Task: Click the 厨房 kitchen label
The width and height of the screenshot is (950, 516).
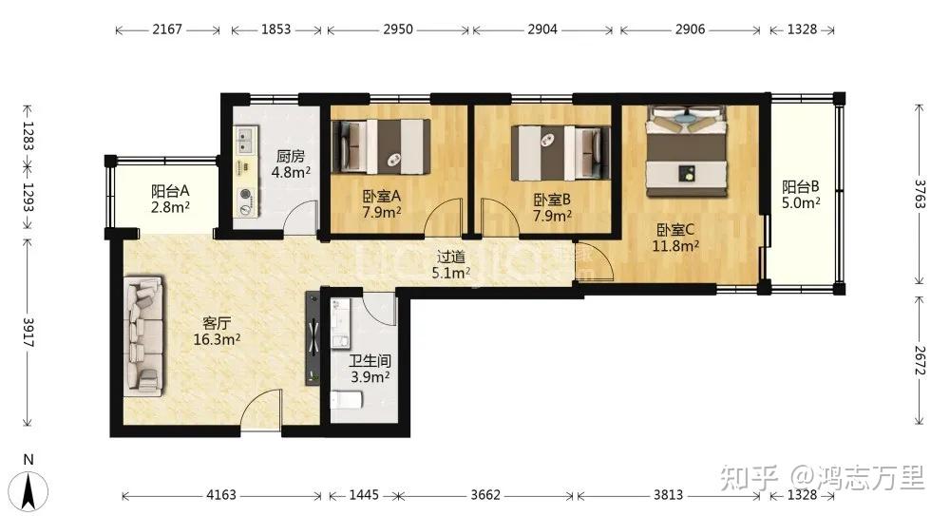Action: click(290, 157)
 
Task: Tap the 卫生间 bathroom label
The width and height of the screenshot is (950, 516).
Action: click(370, 361)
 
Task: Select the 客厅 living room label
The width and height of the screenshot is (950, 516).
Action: click(217, 324)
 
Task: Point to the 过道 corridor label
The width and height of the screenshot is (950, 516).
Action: click(451, 258)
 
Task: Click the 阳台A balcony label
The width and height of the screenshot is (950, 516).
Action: click(170, 192)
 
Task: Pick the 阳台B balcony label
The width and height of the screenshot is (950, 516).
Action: click(801, 187)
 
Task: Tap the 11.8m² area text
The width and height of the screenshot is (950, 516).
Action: click(675, 246)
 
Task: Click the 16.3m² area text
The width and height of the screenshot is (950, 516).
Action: click(217, 339)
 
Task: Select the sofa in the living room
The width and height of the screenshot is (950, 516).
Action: click(143, 336)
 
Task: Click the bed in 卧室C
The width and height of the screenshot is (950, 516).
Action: click(687, 152)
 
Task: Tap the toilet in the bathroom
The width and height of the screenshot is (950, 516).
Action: click(347, 400)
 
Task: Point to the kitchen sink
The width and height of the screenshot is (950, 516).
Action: click(246, 141)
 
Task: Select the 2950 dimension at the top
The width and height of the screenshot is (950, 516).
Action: click(398, 29)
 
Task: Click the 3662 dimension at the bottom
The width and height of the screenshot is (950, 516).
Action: click(485, 495)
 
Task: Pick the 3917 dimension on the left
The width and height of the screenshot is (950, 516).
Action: click(28, 333)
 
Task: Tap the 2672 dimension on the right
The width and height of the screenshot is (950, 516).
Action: click(920, 360)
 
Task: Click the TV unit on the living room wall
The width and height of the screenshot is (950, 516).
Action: click(313, 337)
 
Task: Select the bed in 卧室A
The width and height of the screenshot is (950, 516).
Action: click(382, 145)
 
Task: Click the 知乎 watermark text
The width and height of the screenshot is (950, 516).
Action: click(750, 478)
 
